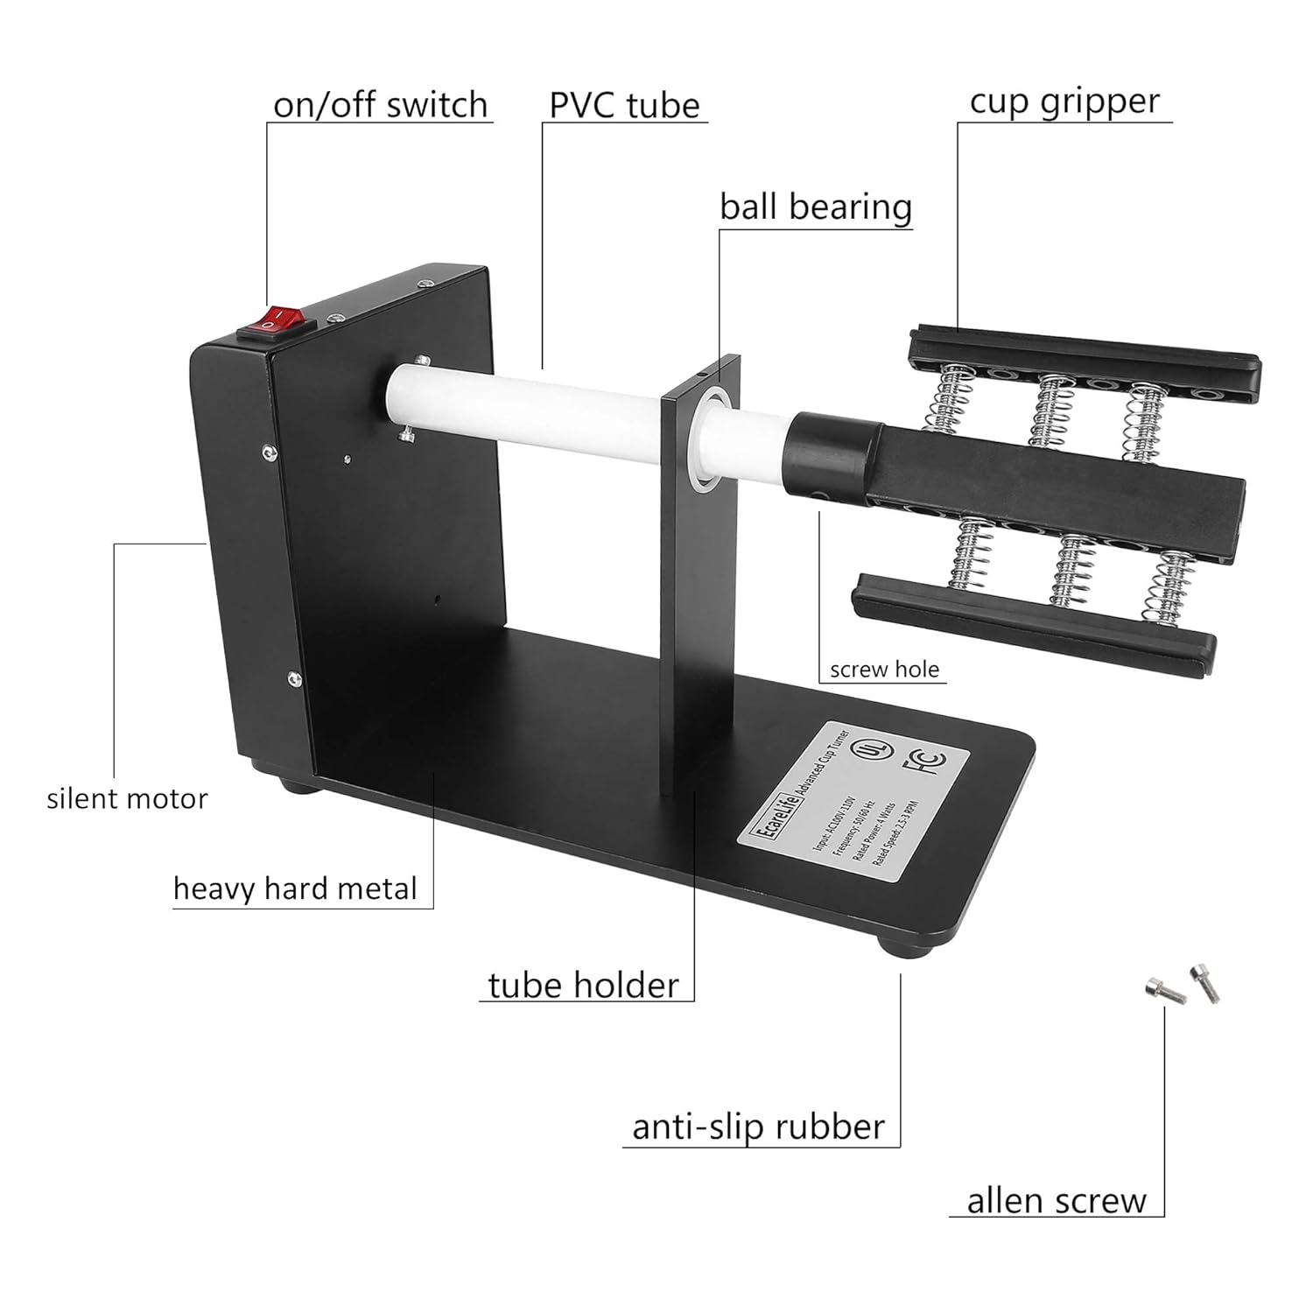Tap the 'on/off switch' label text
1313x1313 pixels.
(x=380, y=105)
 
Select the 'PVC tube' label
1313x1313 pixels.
(x=624, y=105)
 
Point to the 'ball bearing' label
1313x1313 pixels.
(x=816, y=207)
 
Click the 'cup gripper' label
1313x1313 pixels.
(x=1064, y=102)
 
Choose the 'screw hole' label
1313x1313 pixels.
(x=884, y=670)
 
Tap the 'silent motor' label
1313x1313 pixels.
(x=128, y=798)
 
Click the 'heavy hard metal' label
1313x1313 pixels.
(x=295, y=888)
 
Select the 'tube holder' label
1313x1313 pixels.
(x=583, y=986)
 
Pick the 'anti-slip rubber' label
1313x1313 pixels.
(x=758, y=1127)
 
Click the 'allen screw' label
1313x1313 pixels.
(x=1057, y=1201)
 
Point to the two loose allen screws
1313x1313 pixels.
(x=1182, y=985)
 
